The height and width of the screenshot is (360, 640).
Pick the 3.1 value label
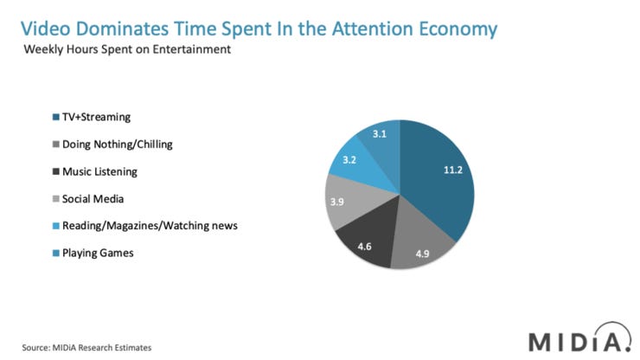point(380,134)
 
